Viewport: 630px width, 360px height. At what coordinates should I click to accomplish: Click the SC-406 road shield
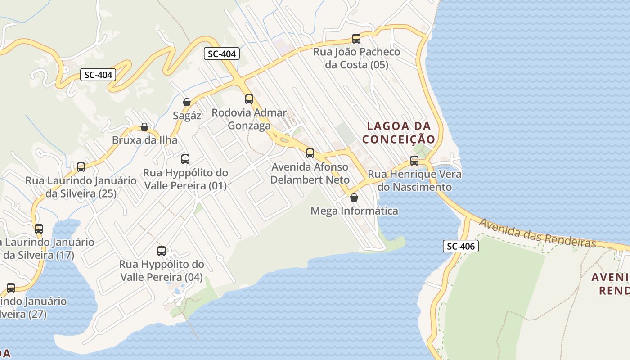(x=461, y=246)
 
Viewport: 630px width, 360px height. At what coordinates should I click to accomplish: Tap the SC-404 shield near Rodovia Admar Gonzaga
(x=222, y=54)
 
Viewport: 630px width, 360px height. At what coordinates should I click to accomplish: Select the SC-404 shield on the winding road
(x=98, y=75)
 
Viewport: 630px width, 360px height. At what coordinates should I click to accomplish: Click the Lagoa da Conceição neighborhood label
(x=399, y=133)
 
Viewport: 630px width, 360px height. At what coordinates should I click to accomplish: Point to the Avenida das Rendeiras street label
(x=537, y=233)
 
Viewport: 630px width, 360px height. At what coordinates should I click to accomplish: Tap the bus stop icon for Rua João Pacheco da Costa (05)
(x=356, y=39)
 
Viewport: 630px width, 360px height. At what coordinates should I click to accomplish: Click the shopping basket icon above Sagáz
(x=187, y=102)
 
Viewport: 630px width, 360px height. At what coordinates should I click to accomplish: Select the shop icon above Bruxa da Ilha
(x=144, y=127)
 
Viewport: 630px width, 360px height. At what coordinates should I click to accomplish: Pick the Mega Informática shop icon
(x=354, y=198)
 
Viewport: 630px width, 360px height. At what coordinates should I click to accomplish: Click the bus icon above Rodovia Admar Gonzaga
(x=249, y=99)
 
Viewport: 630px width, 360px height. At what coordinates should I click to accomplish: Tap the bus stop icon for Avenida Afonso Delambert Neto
(x=310, y=153)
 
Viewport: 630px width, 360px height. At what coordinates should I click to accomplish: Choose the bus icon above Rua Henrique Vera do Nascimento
(x=414, y=161)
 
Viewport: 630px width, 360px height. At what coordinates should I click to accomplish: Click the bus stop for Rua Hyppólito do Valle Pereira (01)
(x=185, y=159)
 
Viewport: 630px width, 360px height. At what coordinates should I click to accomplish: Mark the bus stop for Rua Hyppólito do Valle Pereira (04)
(x=162, y=251)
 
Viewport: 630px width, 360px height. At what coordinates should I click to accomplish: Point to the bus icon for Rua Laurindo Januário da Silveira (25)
(x=81, y=167)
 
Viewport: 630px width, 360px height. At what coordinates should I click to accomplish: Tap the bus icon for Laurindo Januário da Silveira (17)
(x=39, y=229)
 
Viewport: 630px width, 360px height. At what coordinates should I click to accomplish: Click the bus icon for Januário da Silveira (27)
(x=11, y=288)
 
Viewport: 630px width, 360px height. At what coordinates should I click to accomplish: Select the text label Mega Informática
(x=355, y=211)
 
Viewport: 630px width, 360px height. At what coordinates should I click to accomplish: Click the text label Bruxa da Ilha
(x=144, y=140)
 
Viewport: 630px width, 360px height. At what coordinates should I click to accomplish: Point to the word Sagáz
(x=187, y=116)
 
